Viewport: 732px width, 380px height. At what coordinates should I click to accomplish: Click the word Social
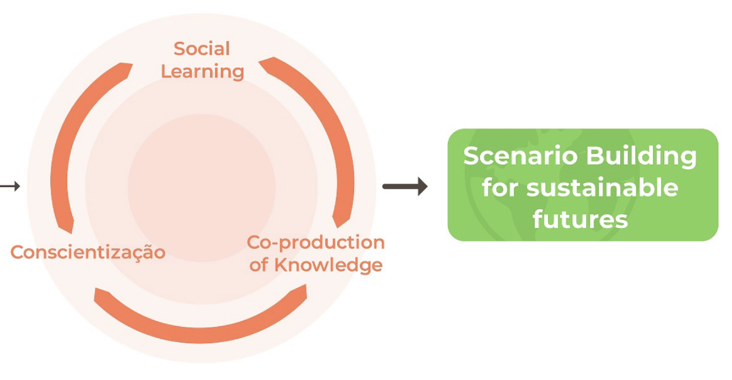pyautogui.click(x=202, y=49)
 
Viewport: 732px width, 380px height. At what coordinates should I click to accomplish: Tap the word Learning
pyautogui.click(x=203, y=72)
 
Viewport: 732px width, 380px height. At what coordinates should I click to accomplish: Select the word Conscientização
pyautogui.click(x=88, y=253)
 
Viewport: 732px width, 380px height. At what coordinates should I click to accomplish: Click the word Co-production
pyautogui.click(x=316, y=243)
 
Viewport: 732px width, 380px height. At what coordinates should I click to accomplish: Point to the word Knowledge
pyautogui.click(x=328, y=265)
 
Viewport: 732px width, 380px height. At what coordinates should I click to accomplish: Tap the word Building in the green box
pyautogui.click(x=641, y=157)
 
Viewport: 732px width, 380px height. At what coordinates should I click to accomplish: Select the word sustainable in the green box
pyautogui.click(x=603, y=188)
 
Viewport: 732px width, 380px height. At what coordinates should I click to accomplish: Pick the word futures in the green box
pyautogui.click(x=581, y=219)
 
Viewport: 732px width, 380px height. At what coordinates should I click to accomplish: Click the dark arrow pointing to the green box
pyautogui.click(x=405, y=187)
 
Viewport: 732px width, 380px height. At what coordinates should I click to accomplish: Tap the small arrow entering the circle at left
pyautogui.click(x=10, y=187)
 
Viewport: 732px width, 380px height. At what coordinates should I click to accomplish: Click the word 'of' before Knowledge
pyautogui.click(x=259, y=265)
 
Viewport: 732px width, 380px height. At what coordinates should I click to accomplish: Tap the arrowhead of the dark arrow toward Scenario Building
pyautogui.click(x=422, y=187)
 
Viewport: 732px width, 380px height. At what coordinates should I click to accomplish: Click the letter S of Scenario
pyautogui.click(x=470, y=156)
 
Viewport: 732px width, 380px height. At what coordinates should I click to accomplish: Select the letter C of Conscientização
pyautogui.click(x=18, y=253)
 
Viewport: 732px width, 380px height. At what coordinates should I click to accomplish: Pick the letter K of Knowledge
pyautogui.click(x=282, y=265)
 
